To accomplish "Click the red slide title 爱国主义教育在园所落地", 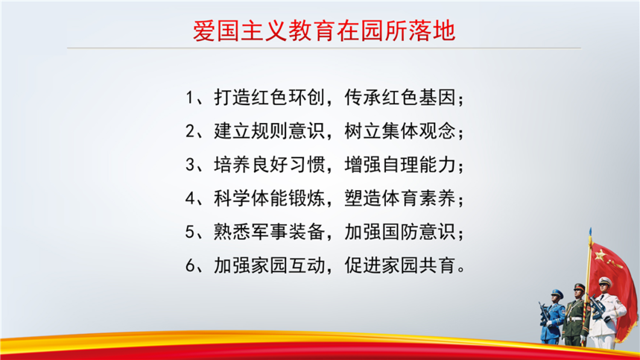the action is tap(323, 31).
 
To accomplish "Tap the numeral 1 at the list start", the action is tap(189, 98).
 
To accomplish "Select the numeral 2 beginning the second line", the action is tap(190, 131).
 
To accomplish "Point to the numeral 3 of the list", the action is tap(190, 165).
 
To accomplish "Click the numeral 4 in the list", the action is tap(190, 199).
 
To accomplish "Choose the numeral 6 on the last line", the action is tap(190, 265).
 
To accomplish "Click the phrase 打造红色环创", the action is tap(270, 98).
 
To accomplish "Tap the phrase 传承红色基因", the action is tap(399, 98).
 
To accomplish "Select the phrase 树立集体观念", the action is tap(399, 131).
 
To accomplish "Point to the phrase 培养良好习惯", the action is tap(270, 165).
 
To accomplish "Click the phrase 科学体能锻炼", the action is tap(270, 199).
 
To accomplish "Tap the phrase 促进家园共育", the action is tap(399, 265).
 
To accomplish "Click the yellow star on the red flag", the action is tap(600, 256).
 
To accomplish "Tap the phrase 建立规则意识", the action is tap(270, 131).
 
